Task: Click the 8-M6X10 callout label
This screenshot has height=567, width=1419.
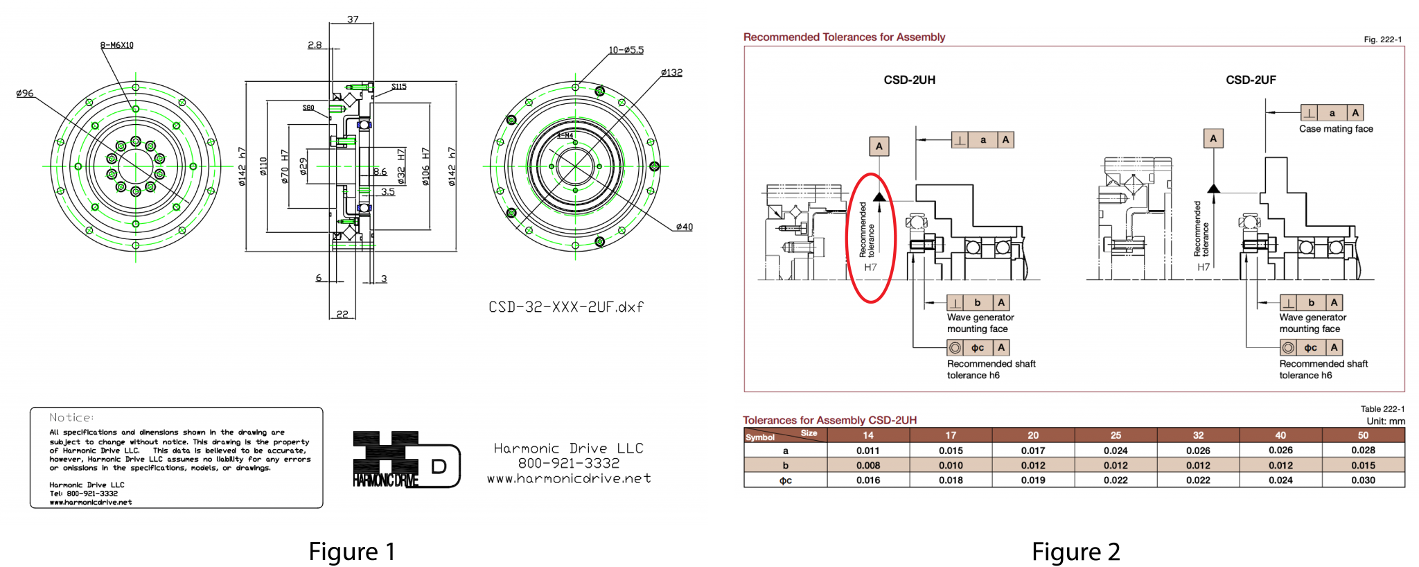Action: click(116, 45)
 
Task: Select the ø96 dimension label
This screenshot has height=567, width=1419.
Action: click(25, 93)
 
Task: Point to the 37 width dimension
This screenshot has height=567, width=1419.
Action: click(353, 19)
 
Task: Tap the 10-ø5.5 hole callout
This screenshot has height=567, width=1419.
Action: click(626, 50)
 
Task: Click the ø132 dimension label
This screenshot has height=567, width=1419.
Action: click(671, 72)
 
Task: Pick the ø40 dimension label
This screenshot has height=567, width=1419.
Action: click(683, 227)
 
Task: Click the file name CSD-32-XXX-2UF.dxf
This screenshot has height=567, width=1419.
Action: click(565, 306)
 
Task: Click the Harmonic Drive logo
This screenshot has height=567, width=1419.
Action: click(405, 460)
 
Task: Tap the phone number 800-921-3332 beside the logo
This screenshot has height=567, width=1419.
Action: click(568, 463)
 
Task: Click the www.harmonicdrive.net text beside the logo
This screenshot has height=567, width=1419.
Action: click(568, 478)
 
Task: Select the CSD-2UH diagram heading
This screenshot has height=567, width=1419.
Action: click(909, 80)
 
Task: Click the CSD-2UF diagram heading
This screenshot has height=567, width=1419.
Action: click(1251, 80)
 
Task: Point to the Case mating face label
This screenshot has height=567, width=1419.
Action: click(1335, 129)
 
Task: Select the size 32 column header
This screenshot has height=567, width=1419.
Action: click(1198, 435)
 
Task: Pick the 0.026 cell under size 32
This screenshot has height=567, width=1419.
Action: click(1198, 451)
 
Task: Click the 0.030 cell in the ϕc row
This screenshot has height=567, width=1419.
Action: click(1362, 480)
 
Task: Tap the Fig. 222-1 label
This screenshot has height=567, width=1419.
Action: click(1382, 40)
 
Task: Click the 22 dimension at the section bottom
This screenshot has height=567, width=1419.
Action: click(342, 314)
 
